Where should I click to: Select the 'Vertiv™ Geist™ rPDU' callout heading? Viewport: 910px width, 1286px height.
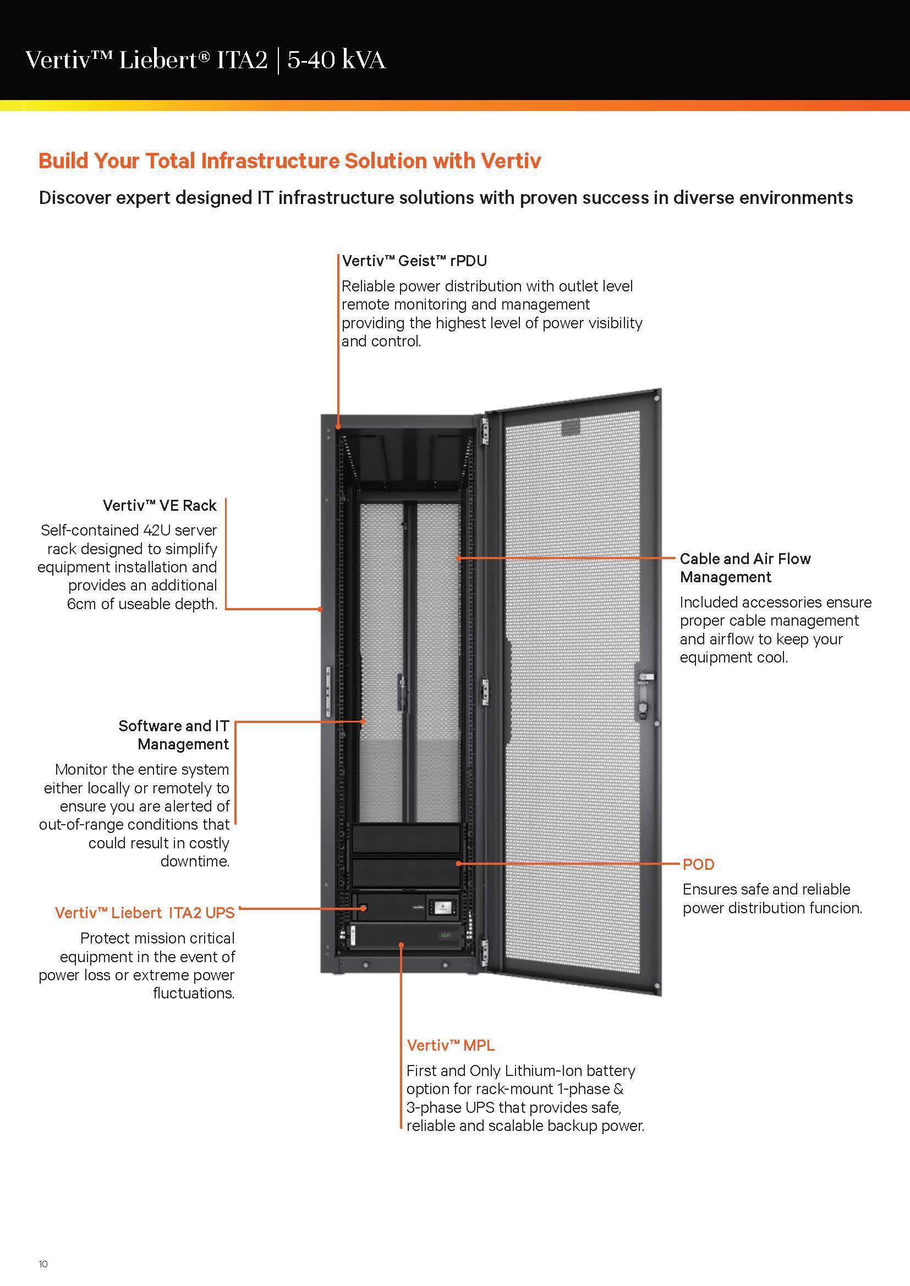click(414, 261)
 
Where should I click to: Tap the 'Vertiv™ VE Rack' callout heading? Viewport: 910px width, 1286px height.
click(159, 505)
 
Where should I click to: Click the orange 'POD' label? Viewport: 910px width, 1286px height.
click(698, 864)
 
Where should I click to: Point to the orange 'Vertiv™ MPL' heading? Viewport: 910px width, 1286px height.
click(451, 1045)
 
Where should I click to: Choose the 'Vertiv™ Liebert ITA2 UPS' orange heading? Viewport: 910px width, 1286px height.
click(145, 913)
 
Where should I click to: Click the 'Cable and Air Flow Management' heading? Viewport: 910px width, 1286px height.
click(745, 567)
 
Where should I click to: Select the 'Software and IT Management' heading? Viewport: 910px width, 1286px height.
click(174, 735)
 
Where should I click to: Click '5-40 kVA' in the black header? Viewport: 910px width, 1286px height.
click(336, 60)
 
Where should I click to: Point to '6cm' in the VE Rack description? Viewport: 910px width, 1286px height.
click(81, 604)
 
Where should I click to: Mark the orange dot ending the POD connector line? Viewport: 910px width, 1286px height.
click(458, 863)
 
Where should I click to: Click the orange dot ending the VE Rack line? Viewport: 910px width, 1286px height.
click(321, 609)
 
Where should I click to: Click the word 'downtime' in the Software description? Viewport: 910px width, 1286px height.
click(194, 861)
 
